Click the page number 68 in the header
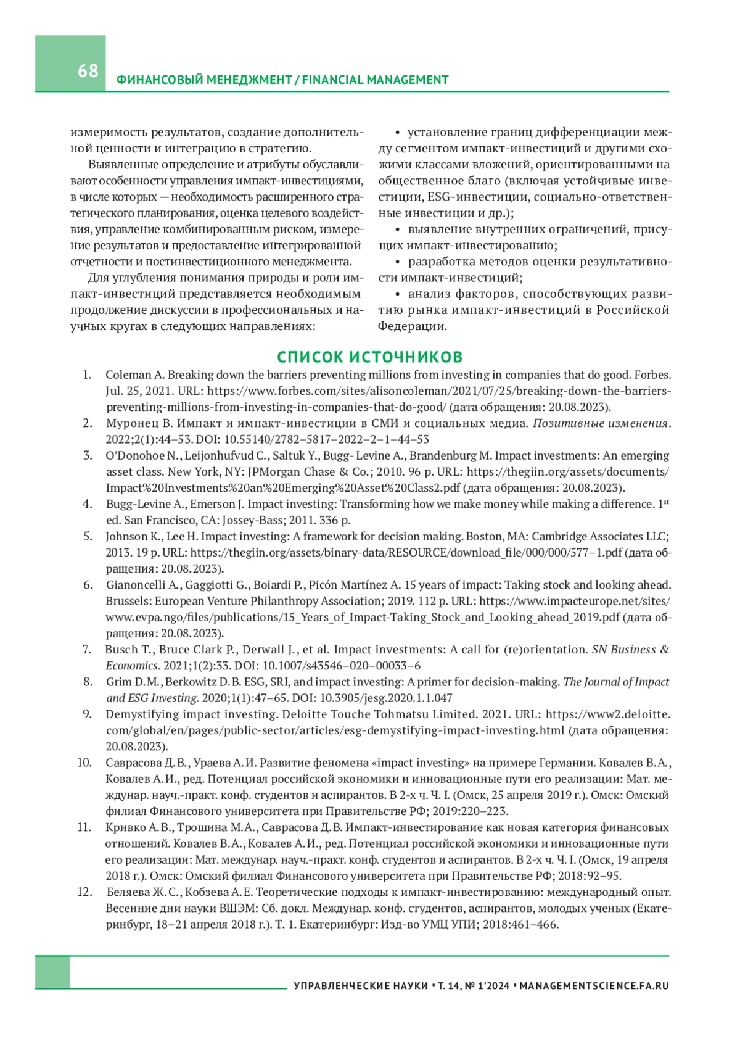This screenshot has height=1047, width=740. click(88, 71)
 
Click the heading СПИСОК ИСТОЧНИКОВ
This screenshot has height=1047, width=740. click(369, 357)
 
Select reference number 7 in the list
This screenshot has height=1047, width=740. click(87, 650)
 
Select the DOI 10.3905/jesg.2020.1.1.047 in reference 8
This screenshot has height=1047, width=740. click(388, 698)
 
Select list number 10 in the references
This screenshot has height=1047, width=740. click(84, 763)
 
